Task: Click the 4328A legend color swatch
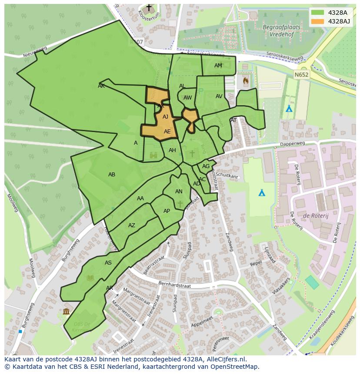click(317, 13)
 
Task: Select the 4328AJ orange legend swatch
click(317, 21)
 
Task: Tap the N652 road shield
click(301, 75)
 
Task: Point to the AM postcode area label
click(218, 66)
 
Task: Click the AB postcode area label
click(112, 175)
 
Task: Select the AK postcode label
click(101, 86)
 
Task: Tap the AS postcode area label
click(108, 263)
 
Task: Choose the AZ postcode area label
click(132, 225)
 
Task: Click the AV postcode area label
click(219, 96)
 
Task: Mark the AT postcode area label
click(233, 120)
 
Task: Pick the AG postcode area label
click(206, 166)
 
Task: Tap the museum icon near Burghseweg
click(66, 311)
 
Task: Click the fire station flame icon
click(246, 80)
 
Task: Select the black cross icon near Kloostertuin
click(149, 8)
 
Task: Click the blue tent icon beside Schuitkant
click(262, 192)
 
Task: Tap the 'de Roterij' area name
click(312, 215)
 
